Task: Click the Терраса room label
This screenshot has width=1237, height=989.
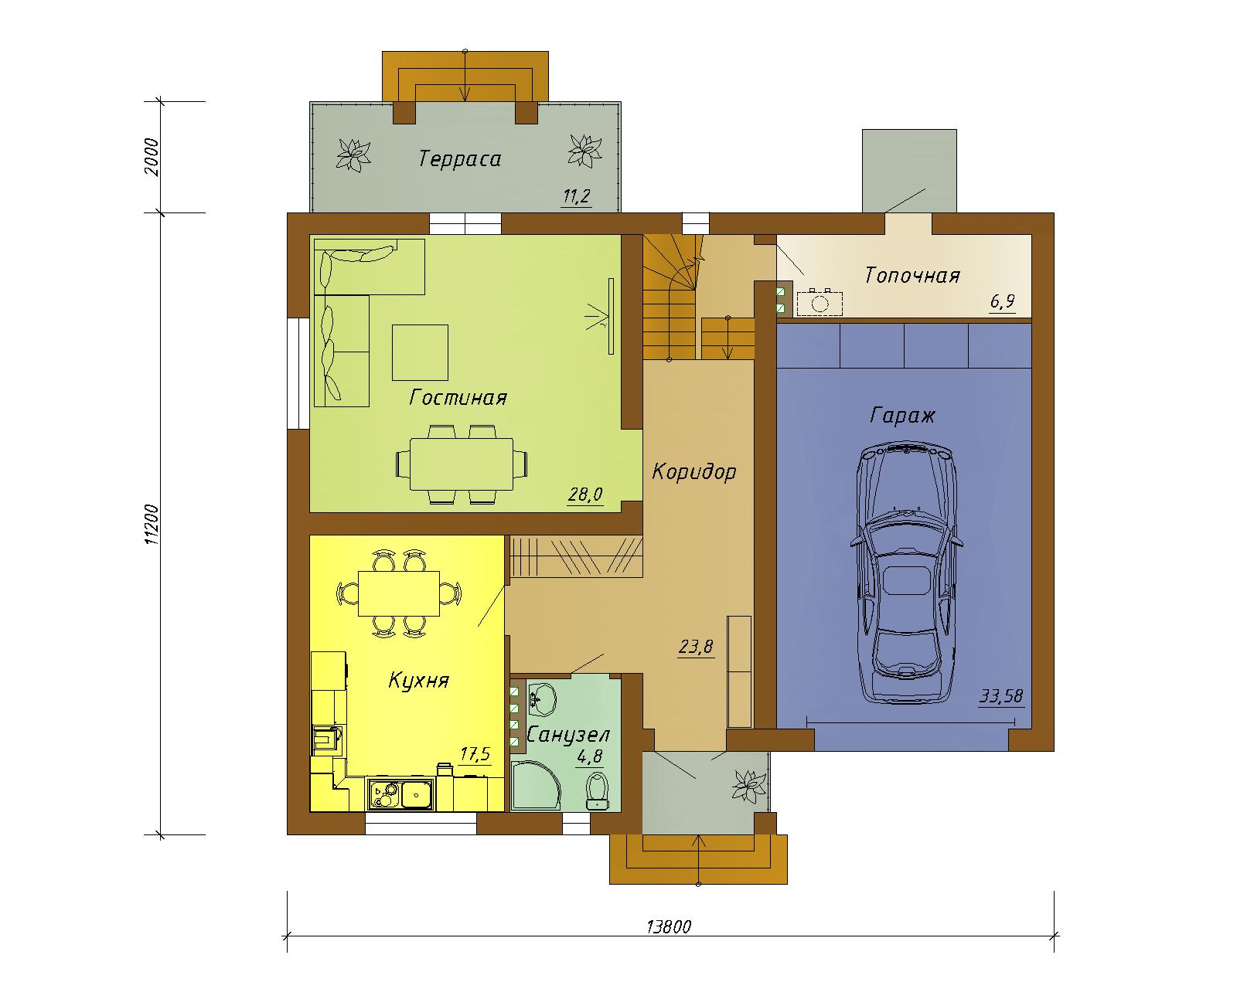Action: [460, 158]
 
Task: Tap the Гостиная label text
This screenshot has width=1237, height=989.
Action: [458, 398]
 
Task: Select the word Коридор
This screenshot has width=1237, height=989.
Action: [693, 472]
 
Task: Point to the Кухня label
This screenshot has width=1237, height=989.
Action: [418, 681]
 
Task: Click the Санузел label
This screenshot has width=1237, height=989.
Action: [568, 735]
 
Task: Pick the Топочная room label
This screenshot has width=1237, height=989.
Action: [912, 276]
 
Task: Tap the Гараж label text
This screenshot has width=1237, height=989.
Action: [902, 415]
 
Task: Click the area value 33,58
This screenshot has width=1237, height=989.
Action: [1001, 696]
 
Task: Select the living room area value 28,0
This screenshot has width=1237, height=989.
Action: [585, 494]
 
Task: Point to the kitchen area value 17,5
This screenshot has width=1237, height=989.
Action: [475, 754]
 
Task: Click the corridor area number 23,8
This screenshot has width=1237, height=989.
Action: [696, 647]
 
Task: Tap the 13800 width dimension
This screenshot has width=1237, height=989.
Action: [669, 926]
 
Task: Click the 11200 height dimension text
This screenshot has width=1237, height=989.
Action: [152, 524]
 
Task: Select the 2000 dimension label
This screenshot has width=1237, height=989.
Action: [152, 157]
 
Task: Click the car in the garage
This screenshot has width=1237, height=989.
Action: [906, 573]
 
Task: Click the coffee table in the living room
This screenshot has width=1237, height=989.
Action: [420, 352]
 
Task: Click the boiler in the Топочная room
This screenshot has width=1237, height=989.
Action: [820, 304]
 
